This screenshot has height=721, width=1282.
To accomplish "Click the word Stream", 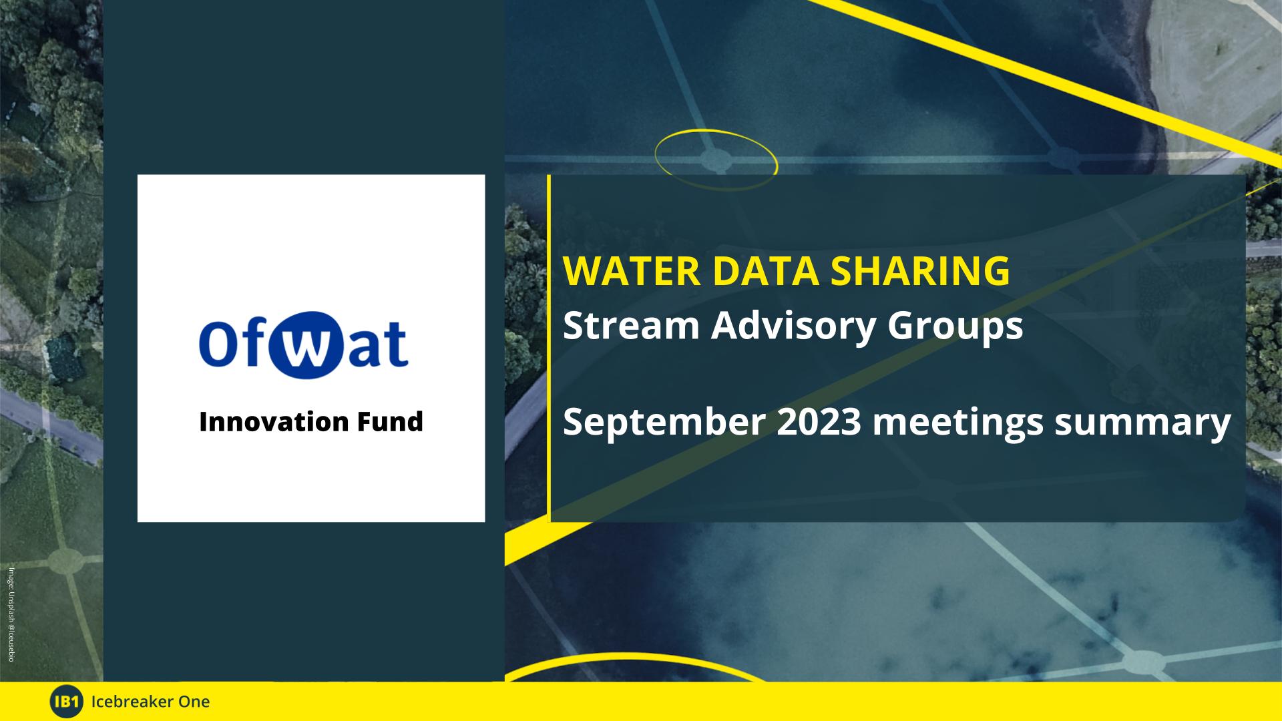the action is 631,326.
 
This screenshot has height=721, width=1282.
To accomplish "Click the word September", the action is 664,423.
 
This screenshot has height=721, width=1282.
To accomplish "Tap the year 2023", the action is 819,422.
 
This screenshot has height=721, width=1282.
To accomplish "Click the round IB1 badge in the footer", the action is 67,702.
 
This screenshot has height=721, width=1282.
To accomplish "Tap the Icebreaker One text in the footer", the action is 150,702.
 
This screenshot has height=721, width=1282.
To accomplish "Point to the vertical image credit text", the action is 11,614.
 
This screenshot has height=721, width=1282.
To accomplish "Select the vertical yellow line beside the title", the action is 549,348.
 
